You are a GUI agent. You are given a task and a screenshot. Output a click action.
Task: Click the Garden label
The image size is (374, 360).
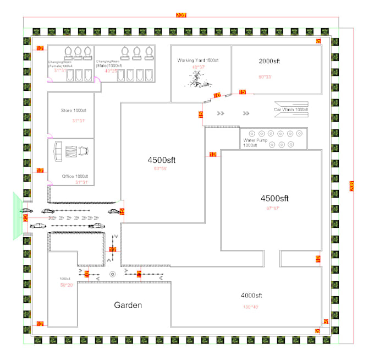[x=128, y=305]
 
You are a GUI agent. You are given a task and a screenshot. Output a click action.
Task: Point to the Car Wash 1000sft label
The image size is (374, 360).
[x=290, y=110]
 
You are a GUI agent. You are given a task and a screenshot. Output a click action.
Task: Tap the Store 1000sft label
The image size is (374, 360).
[x=74, y=111]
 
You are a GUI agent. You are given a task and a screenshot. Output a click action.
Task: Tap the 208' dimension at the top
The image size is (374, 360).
[x=182, y=15]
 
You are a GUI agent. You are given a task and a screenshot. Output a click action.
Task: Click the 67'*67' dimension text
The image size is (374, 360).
[x=273, y=208]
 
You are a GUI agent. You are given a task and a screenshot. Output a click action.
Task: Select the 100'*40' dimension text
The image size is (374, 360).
[x=250, y=306]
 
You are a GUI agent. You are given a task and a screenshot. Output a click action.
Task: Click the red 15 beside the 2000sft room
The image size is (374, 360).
[x=242, y=91]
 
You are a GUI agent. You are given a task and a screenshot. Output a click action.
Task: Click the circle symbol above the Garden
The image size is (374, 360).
[x=112, y=274]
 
